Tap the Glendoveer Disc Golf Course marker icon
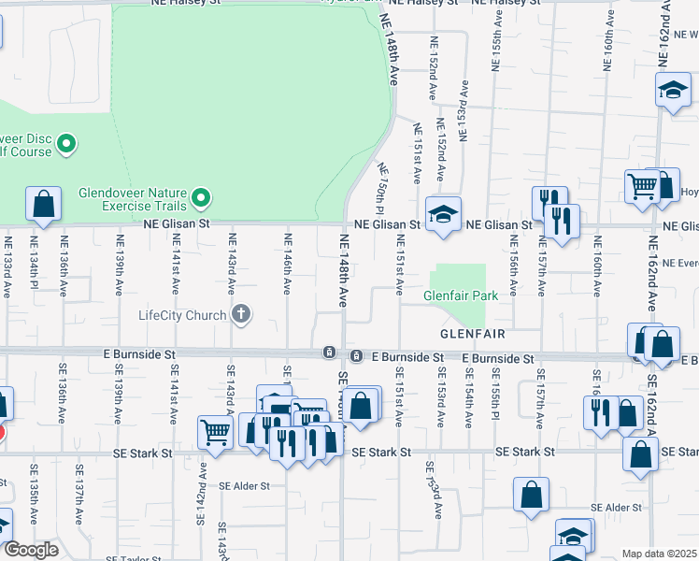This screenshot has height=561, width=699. point(65,144)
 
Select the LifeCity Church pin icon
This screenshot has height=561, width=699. point(241,314)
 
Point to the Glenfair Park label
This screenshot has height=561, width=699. point(458,295)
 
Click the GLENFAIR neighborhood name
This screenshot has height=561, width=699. point(474,334)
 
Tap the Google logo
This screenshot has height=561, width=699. point(31,550)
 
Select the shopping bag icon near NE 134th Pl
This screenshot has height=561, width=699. point(43,203)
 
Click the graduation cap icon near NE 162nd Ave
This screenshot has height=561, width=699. point(673,91)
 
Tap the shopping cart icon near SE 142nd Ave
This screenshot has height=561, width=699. point(215,432)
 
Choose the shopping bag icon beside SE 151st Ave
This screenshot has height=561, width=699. point(361,406)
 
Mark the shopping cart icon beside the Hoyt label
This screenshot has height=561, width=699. point(643,187)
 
